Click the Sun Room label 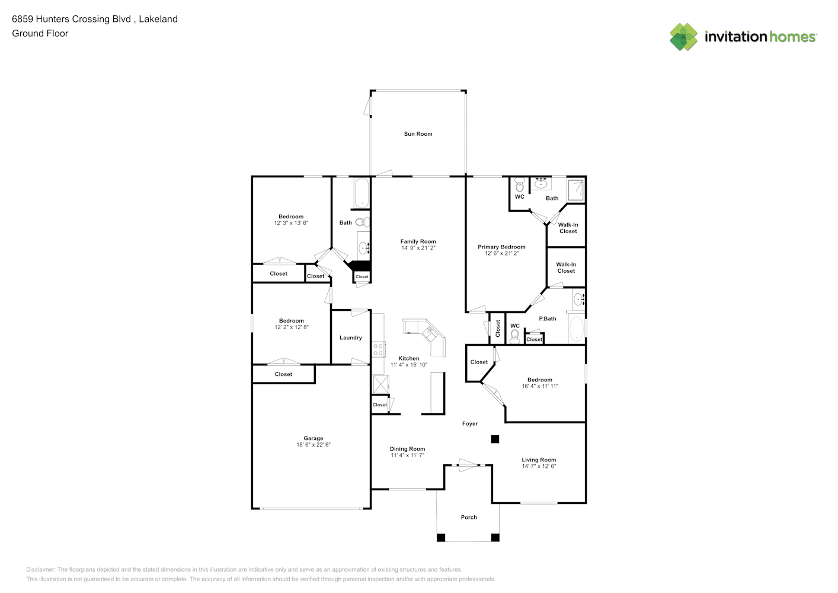(418, 133)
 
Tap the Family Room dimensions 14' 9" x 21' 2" (418, 248)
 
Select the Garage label (314, 438)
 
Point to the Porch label (469, 517)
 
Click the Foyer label (470, 423)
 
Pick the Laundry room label (350, 337)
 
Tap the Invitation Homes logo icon (683, 37)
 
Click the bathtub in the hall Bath (362, 192)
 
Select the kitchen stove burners (378, 349)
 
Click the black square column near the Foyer (495, 439)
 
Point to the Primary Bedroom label (501, 247)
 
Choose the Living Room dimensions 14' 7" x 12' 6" (539, 466)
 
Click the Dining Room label (407, 449)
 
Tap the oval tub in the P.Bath (577, 329)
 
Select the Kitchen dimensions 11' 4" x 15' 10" (409, 365)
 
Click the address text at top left (95, 19)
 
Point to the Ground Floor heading (40, 33)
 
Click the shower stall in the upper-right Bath (575, 190)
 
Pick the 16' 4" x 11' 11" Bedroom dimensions (540, 386)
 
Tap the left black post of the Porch (441, 538)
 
